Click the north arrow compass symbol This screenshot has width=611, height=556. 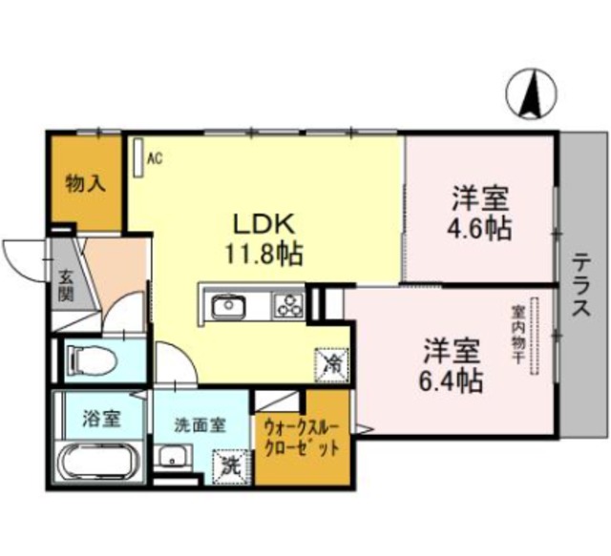coord(532,93)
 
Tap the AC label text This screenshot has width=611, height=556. coord(155,158)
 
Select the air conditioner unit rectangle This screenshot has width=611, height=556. coord(137,158)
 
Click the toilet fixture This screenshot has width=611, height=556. coord(92,360)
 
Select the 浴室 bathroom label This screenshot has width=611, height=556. coord(101,419)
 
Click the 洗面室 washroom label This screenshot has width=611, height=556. coord(200,425)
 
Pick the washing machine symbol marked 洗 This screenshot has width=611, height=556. coord(231,466)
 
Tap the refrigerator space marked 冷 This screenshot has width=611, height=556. coord(331,365)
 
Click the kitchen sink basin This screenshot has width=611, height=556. coord(229,306)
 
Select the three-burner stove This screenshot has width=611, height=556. coord(289,305)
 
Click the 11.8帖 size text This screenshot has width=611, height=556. coord(263,255)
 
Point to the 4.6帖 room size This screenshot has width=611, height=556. coord(479,229)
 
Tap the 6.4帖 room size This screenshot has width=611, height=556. coord(451,381)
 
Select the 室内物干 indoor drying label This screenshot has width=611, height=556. coord(518,335)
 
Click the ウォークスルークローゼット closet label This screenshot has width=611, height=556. coord(301,439)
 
